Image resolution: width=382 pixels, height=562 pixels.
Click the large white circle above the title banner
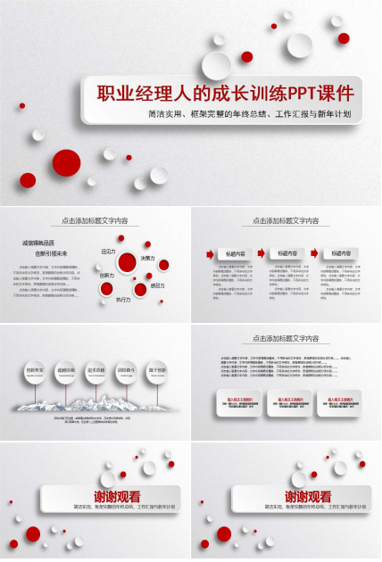[x=216, y=64]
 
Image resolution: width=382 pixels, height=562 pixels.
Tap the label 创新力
[x=106, y=275]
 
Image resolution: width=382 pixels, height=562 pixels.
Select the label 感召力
[x=158, y=285]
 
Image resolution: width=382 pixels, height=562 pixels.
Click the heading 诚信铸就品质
[x=38, y=243]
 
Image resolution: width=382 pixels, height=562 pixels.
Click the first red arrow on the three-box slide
[x=210, y=254]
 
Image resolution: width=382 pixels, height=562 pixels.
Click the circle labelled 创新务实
[x=36, y=370]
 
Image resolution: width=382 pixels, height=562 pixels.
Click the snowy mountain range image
[x=95, y=402]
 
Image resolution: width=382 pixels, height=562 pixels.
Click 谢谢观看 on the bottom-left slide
[x=117, y=497]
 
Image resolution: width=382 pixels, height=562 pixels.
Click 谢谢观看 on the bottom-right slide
[x=308, y=497]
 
